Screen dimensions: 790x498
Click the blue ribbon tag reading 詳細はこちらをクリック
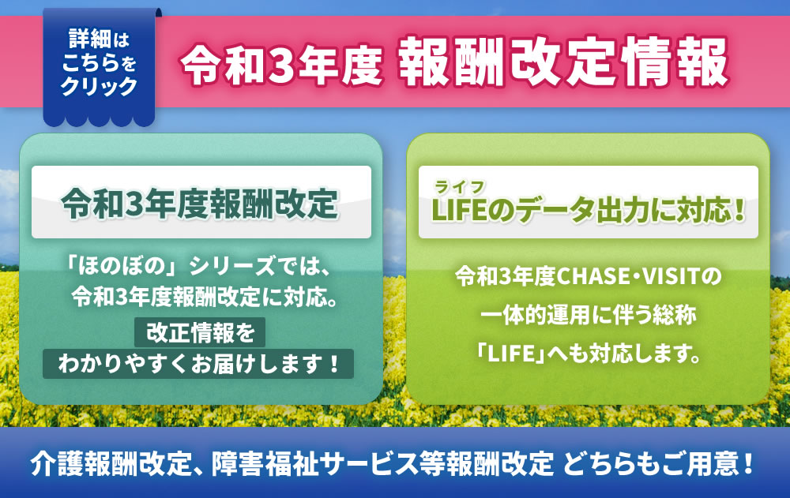100,66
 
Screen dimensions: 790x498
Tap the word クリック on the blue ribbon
100,86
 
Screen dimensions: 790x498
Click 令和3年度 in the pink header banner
281,63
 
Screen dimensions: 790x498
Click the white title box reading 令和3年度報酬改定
201,202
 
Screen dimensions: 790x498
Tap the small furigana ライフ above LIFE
460,187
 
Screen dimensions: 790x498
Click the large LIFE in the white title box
459,210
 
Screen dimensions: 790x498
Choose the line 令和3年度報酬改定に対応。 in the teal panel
205,297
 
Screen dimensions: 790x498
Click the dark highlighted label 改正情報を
200,332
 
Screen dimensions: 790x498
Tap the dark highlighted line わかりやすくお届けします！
198,364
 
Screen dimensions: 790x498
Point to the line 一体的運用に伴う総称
588,315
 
